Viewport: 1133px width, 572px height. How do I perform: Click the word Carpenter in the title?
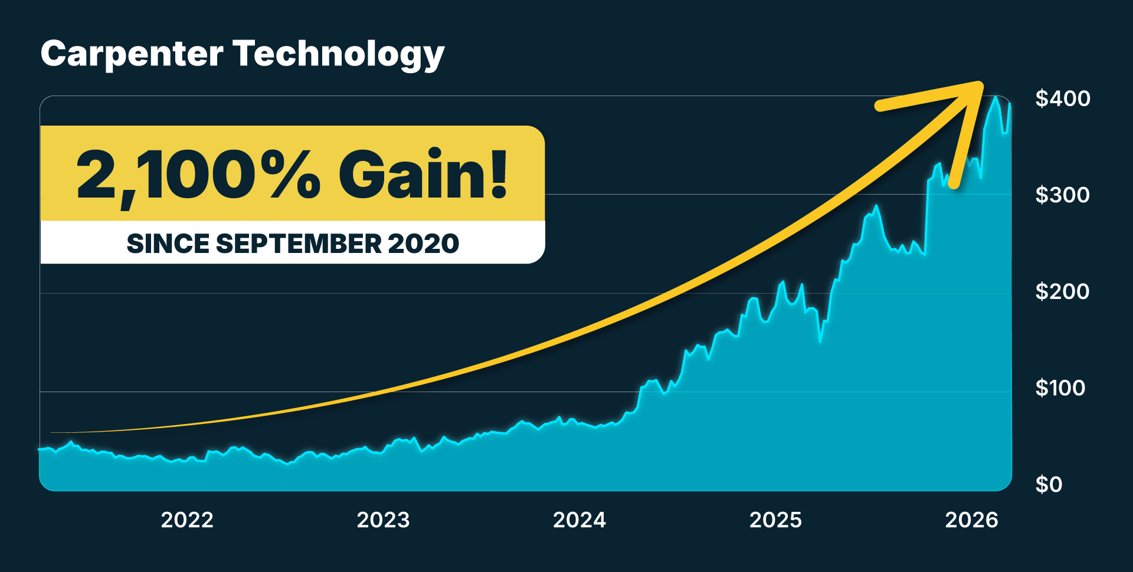tap(132, 54)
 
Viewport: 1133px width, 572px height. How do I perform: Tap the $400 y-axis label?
tap(1062, 98)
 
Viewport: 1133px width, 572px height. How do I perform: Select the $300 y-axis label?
tap(1062, 195)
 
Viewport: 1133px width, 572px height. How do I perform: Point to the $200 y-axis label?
tap(1062, 292)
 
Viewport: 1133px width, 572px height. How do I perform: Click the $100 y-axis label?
tap(1060, 388)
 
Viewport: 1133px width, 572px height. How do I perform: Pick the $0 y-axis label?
tap(1049, 485)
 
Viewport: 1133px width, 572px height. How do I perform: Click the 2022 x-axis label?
tap(187, 520)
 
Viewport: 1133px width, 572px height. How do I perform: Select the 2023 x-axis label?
tap(383, 520)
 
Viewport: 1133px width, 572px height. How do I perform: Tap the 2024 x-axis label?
tap(579, 520)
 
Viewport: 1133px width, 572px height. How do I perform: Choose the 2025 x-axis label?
tap(775, 520)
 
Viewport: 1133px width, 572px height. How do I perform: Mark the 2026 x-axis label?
tap(971, 520)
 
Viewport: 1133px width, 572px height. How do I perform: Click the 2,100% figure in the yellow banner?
tap(198, 175)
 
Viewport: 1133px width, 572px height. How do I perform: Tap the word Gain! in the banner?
tap(423, 175)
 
